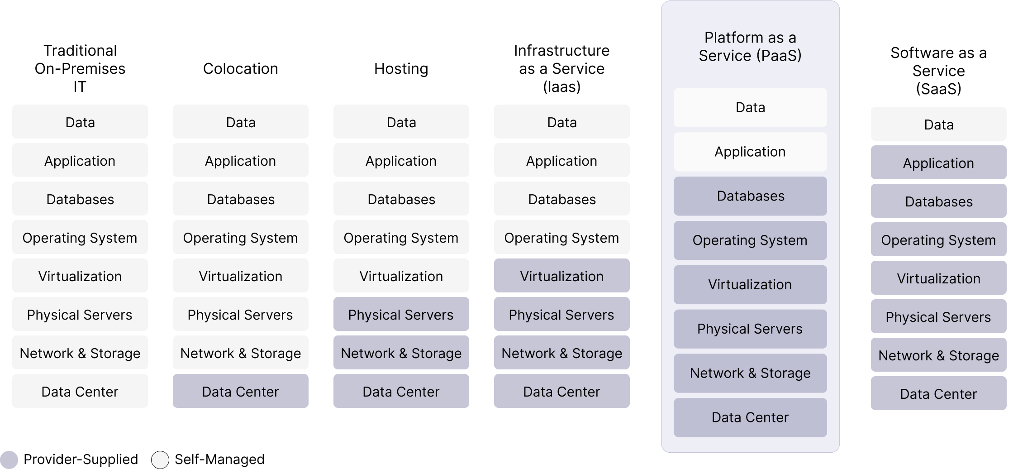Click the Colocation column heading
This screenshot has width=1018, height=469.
point(240,69)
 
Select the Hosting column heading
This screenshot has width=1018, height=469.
point(401,69)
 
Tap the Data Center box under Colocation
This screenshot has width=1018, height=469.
point(240,391)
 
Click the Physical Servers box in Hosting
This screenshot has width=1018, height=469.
point(401,314)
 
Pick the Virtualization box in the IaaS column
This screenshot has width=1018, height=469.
point(561,276)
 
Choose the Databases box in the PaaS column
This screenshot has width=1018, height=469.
point(750,196)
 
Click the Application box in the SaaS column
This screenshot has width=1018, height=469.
point(938,163)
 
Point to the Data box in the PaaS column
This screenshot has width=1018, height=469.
point(750,107)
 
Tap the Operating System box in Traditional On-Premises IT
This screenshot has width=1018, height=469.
point(80,237)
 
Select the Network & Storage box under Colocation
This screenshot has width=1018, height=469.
point(240,353)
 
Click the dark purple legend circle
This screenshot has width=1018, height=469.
point(9,460)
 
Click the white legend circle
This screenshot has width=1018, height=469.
point(160,460)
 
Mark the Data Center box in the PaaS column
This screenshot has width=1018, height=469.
point(750,417)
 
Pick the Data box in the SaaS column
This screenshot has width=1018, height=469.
point(938,124)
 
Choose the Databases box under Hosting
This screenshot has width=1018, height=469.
point(401,199)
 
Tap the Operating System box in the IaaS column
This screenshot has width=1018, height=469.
point(561,237)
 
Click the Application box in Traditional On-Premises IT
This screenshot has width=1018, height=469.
point(80,160)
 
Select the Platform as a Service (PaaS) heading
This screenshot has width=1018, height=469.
point(750,47)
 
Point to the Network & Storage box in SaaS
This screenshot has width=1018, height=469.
point(938,355)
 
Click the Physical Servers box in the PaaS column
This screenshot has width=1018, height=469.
point(750,329)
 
